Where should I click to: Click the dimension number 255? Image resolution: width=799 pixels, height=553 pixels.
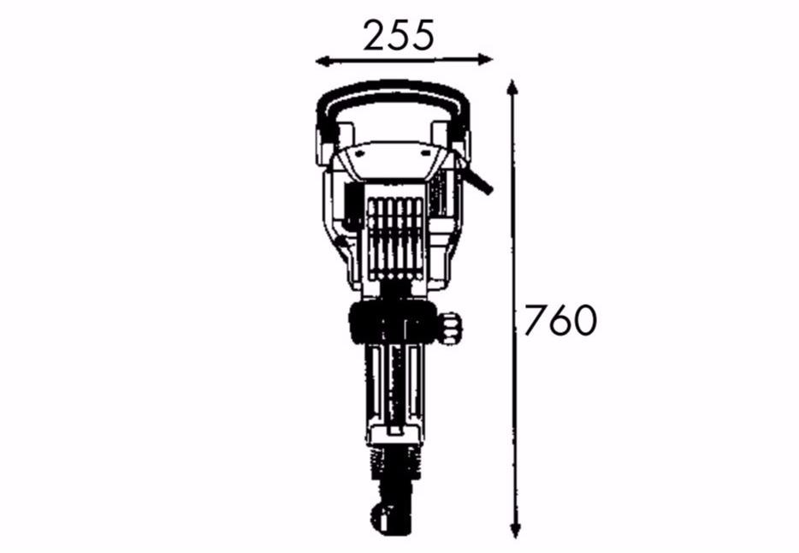(399, 35)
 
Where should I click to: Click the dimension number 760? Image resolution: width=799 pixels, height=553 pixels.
(560, 320)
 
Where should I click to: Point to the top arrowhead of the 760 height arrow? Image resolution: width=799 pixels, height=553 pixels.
(513, 87)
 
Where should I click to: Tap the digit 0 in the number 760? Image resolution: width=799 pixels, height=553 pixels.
(584, 320)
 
